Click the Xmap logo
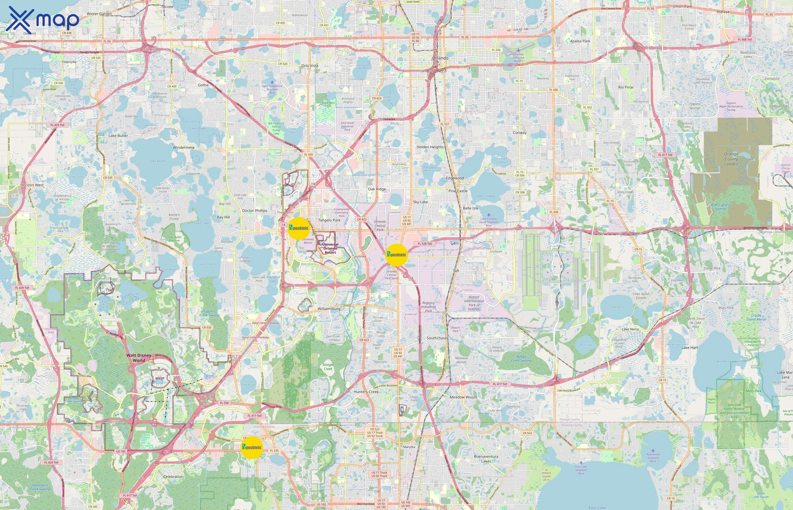click(x=42, y=19)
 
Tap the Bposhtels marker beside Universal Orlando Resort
click(x=299, y=228)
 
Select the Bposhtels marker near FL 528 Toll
click(x=396, y=255)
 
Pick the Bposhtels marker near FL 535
click(x=251, y=447)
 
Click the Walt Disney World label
click(x=139, y=358)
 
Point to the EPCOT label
click(x=160, y=378)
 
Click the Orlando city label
click(x=440, y=58)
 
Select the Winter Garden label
click(x=99, y=14)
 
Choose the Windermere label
click(x=184, y=147)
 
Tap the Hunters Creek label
click(x=366, y=392)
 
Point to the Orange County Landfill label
click(x=731, y=159)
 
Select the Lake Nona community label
click(x=630, y=329)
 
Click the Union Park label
click(x=683, y=6)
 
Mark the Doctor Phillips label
click(x=255, y=211)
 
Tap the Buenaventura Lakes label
click(x=486, y=459)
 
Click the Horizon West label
click(x=32, y=185)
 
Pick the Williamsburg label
click(x=329, y=309)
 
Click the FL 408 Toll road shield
click(x=745, y=39)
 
